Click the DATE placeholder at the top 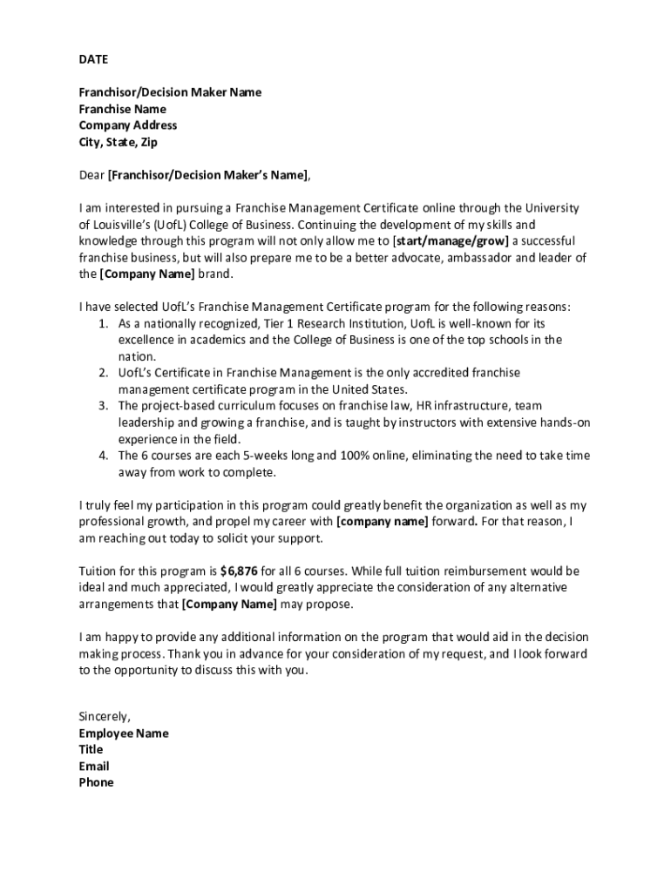[93, 60]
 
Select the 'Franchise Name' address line [122, 109]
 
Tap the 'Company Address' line [127, 125]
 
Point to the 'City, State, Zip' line [119, 142]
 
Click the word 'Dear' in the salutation [91, 175]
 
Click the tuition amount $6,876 [238, 571]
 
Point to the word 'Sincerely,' [105, 717]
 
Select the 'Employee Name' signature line [124, 733]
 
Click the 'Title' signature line [91, 750]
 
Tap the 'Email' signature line [94, 767]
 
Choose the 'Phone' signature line [96, 783]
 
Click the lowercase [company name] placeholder [382, 522]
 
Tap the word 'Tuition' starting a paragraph [98, 571]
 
